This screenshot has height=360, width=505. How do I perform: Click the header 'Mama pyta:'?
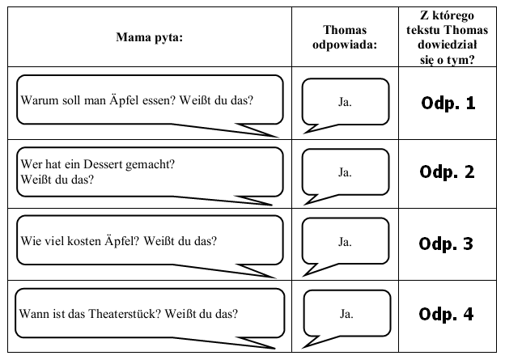[150, 37]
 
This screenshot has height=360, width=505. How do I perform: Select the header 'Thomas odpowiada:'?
[345, 37]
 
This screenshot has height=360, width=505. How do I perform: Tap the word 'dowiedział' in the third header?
[447, 44]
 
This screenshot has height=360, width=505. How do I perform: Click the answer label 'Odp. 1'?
[448, 103]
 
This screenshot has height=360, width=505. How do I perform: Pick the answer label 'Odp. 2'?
[447, 172]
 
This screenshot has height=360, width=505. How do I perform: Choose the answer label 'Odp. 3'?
[446, 244]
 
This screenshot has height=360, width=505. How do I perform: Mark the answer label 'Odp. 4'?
[446, 314]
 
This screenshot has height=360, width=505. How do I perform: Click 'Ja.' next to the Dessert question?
[345, 172]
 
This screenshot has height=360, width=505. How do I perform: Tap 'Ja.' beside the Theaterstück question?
[346, 314]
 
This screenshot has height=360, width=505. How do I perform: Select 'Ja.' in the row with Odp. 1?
[345, 102]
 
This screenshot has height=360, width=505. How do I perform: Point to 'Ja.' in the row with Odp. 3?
[345, 242]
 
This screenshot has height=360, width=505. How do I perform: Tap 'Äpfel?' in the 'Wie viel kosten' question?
[121, 241]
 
